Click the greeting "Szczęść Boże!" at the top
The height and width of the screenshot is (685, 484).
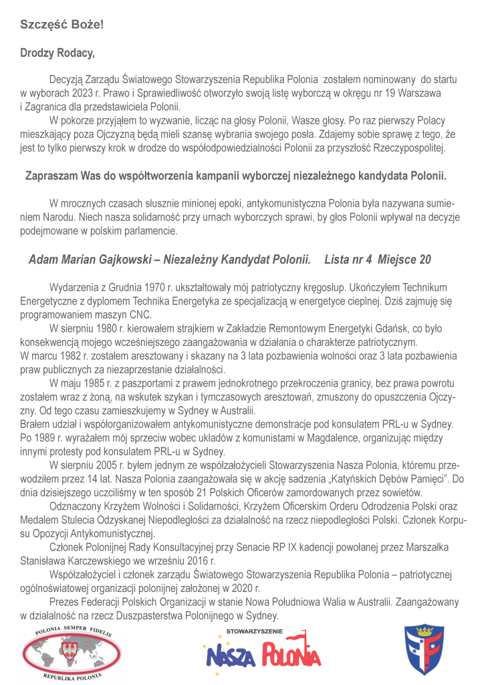point(61,25)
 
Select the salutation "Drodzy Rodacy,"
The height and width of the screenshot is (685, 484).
point(57,53)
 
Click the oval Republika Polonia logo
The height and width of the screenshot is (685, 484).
point(65,654)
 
